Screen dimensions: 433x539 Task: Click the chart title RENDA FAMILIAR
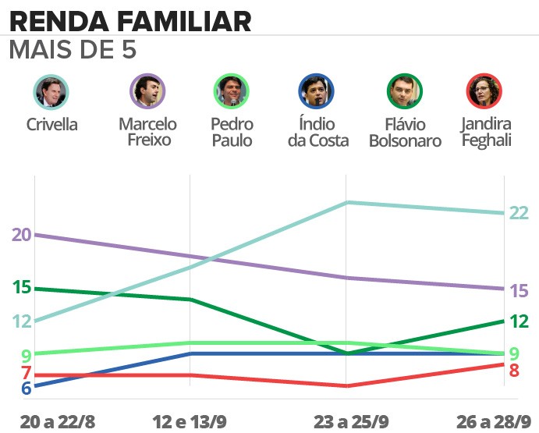[x=130, y=20]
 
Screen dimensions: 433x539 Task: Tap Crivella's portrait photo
[x=51, y=92]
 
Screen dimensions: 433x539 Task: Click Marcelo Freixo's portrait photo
[x=147, y=92]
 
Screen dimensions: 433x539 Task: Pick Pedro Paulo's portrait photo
[x=232, y=92]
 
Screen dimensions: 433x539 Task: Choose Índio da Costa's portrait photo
[x=316, y=92]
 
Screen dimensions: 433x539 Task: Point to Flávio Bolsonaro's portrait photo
[x=405, y=92]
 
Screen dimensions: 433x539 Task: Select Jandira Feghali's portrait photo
[x=484, y=92]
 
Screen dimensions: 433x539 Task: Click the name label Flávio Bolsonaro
[x=405, y=133]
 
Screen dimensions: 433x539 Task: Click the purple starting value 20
[x=21, y=234]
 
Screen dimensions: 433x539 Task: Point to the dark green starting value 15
[x=21, y=287]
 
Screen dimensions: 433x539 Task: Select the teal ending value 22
[x=519, y=213]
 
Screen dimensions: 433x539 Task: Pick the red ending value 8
[x=514, y=370]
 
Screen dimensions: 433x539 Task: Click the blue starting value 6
[x=26, y=388]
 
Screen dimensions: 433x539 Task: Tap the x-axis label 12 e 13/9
[x=190, y=421]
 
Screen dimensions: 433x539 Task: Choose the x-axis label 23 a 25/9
[x=351, y=421]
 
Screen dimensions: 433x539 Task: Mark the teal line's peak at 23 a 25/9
[x=347, y=203]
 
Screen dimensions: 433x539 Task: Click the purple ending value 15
[x=519, y=291]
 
